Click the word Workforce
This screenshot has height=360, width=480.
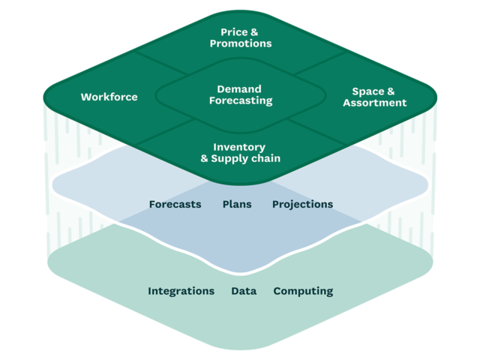point(109,97)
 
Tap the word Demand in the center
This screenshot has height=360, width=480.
point(239,89)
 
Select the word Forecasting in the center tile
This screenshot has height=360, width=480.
point(241,100)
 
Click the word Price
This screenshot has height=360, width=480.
point(234,32)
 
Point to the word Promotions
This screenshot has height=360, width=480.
point(241,43)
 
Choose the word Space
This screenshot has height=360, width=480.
point(368,91)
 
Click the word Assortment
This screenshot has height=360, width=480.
point(375,103)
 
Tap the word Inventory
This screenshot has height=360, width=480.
point(239,147)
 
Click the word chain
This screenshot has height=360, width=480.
point(265,158)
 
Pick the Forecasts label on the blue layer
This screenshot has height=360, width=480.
point(175,204)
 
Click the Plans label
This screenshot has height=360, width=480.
point(237,204)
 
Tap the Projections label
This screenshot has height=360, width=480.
point(303,205)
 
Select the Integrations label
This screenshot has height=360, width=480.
point(181,291)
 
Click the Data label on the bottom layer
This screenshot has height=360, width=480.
point(244,291)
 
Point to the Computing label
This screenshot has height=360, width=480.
point(303,291)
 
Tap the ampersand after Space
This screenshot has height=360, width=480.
point(391,91)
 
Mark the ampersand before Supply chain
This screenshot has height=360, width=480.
point(205,158)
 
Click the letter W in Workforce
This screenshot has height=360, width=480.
point(87,97)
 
